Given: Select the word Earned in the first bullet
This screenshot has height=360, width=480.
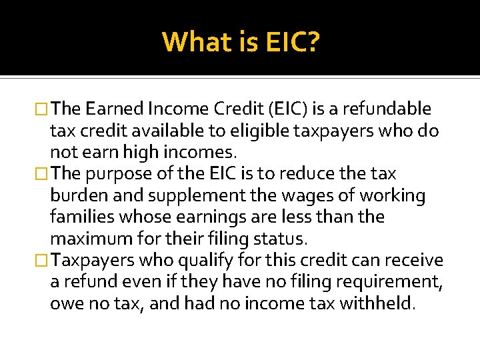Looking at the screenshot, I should pos(117,109).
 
